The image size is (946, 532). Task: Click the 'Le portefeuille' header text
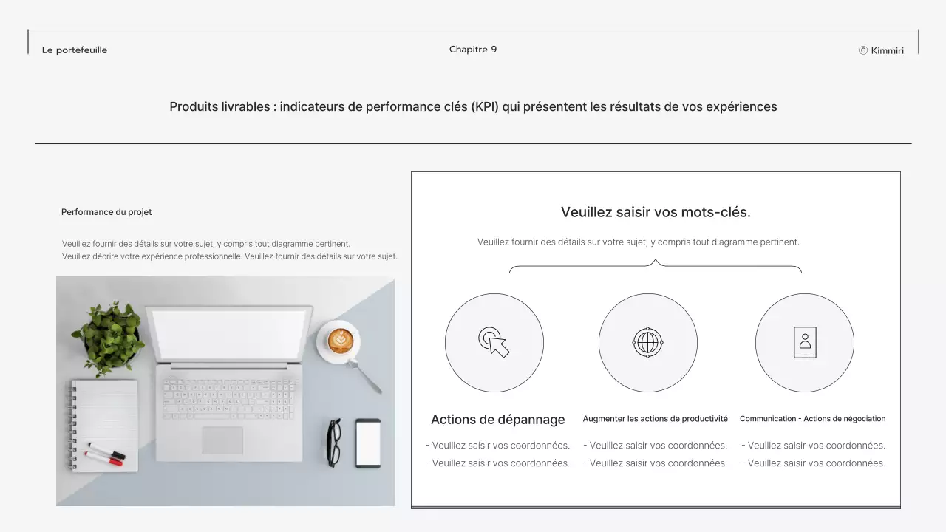point(75,50)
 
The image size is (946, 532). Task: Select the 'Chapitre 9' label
point(473,50)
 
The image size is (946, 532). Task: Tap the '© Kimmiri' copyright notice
point(882,51)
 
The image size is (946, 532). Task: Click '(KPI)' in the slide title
point(485,107)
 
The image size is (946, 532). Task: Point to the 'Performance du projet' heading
point(106,212)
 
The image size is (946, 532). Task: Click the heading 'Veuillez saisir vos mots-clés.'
point(656,212)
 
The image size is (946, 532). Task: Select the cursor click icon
point(494,342)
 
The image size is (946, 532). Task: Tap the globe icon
point(647,342)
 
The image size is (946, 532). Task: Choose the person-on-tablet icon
point(805,342)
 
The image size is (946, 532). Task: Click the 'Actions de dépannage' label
point(497,420)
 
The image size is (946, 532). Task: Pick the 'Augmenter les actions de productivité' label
point(655,419)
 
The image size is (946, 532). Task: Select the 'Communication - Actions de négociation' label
point(812,419)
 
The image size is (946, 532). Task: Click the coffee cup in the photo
point(339,341)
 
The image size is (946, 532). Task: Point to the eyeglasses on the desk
point(334,443)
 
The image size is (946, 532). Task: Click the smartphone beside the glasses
point(368,443)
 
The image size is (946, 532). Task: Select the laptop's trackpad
point(222,440)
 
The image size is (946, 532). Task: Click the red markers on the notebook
point(105,454)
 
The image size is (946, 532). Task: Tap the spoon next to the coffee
point(365,377)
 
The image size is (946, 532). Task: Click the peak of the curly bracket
point(656,260)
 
